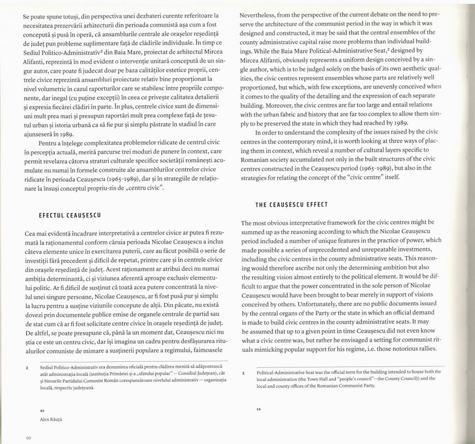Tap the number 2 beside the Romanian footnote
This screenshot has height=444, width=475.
click(x=27, y=367)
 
